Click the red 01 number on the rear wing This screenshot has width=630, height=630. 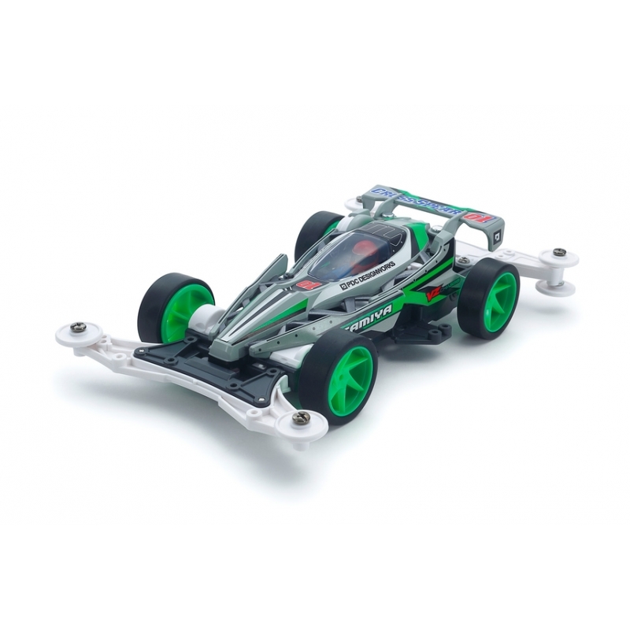click(x=478, y=217)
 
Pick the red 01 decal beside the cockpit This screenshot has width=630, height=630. click(x=309, y=284)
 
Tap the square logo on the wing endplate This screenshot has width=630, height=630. click(x=497, y=234)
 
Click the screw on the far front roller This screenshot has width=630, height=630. click(x=79, y=327)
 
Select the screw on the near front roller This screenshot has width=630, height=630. click(x=302, y=418)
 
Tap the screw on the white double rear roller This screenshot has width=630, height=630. click(x=559, y=253)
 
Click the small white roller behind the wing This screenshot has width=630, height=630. click(x=355, y=204)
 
